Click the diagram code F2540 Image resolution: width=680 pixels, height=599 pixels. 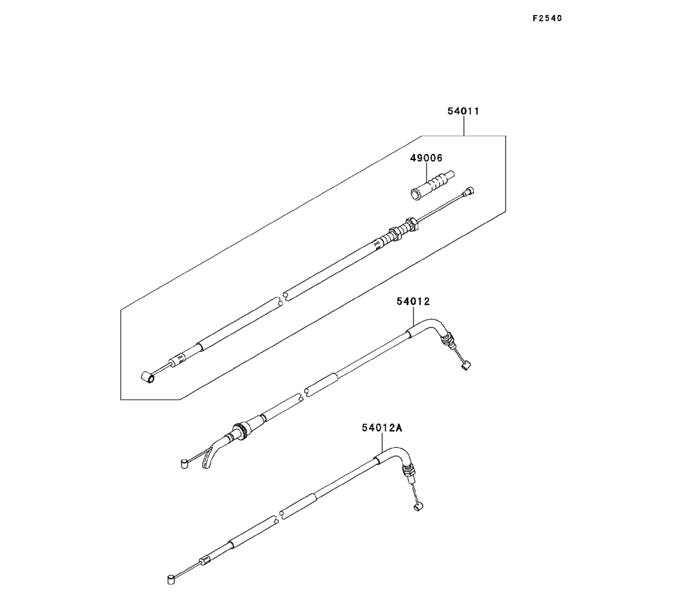point(547,18)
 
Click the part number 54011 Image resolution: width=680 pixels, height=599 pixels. point(463,111)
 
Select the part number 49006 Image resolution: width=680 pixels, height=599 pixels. point(426,158)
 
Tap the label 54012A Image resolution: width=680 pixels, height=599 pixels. point(382,427)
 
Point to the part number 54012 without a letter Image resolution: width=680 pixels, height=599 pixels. point(414,300)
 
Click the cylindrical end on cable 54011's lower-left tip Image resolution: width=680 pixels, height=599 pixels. point(145,375)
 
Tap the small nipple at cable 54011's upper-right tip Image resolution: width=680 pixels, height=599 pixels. point(467,193)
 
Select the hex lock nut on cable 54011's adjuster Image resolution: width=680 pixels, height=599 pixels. point(411,223)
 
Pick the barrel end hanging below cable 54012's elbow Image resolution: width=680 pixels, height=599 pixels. point(465,367)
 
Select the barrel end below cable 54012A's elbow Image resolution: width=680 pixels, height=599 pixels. point(418,506)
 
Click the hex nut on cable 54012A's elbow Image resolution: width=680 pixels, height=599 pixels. point(409,471)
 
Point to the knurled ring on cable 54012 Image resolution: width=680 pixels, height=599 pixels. point(239,430)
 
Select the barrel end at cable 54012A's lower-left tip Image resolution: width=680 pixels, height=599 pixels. point(171,579)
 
